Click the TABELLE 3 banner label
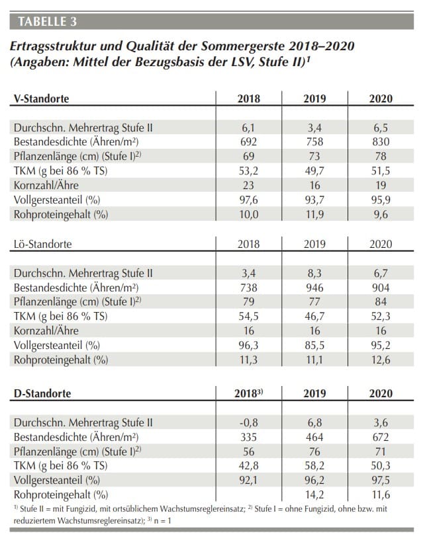(x=48, y=21)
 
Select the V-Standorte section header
(x=42, y=98)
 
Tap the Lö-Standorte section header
(x=42, y=244)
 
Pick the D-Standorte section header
(x=42, y=393)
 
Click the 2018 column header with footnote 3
(x=249, y=393)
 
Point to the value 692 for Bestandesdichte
(x=249, y=141)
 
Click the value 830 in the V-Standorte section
(x=381, y=141)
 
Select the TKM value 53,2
(x=249, y=171)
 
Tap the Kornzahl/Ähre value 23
(x=249, y=185)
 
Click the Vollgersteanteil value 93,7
(x=314, y=200)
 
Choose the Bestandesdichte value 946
(x=314, y=288)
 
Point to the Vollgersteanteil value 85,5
(x=314, y=345)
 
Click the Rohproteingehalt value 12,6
(x=381, y=360)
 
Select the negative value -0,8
(x=249, y=422)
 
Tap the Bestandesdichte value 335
(x=249, y=437)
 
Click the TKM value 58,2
(x=314, y=465)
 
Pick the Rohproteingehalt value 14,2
(x=314, y=494)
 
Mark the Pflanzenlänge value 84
(x=381, y=302)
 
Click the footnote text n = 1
(x=162, y=521)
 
